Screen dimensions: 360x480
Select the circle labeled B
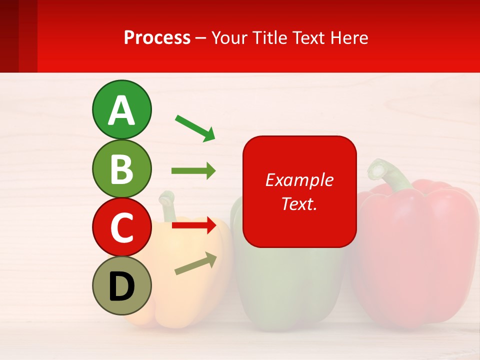click(x=121, y=168)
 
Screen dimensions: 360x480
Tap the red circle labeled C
click(x=121, y=227)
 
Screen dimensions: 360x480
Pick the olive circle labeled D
click(x=121, y=285)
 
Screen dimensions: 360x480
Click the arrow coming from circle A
click(x=195, y=127)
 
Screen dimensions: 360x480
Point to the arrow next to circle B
click(x=193, y=171)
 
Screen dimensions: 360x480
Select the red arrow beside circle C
click(x=193, y=225)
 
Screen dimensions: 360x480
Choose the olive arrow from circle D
click(x=195, y=263)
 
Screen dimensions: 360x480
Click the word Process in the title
click(x=157, y=37)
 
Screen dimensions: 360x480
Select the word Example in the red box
click(x=299, y=180)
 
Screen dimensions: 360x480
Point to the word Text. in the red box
click(x=299, y=203)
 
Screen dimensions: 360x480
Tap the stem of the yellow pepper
click(x=165, y=202)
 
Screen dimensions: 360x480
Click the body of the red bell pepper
click(x=415, y=250)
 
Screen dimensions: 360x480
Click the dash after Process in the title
click(x=201, y=38)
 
